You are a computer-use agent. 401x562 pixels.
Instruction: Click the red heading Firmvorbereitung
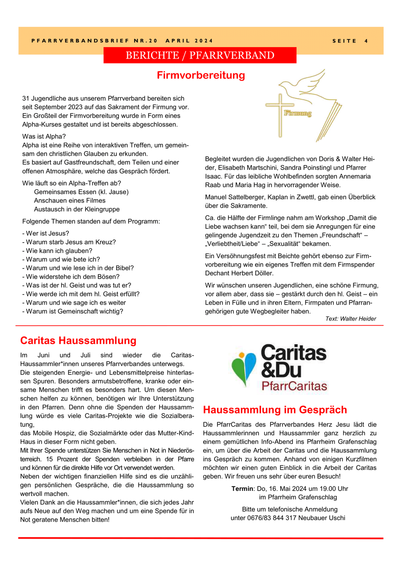[201, 75]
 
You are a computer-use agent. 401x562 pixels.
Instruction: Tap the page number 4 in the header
[366, 41]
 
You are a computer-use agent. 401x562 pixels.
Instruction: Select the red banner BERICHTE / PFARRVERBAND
[200, 55]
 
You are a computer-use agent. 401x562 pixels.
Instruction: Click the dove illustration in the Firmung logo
[304, 86]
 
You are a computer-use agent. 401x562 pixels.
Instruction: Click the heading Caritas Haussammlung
[78, 340]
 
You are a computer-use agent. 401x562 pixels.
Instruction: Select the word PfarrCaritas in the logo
[294, 386]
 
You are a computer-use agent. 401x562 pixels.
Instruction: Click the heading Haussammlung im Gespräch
[275, 410]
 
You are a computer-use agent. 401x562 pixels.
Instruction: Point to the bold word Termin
[242, 489]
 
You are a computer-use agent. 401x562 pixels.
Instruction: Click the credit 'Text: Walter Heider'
[350, 319]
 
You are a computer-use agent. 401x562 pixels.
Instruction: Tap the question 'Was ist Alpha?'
[44, 136]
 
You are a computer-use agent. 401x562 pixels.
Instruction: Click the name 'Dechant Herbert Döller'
[239, 273]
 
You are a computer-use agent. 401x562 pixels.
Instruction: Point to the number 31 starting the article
[26, 99]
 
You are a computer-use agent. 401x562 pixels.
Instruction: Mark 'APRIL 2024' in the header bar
[189, 41]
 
